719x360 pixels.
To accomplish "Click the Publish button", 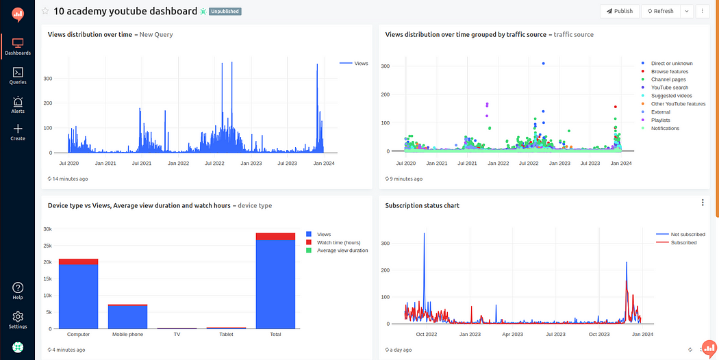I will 619,11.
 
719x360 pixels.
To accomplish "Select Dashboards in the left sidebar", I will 18,46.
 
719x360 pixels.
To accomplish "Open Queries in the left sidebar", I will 18,75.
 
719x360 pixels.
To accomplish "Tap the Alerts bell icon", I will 18,104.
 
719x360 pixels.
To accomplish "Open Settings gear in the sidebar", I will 18,320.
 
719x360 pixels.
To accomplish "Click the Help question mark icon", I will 18,290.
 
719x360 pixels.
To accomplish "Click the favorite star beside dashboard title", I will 45,12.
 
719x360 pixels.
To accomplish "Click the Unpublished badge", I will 225,12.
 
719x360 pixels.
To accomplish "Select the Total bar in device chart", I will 275,284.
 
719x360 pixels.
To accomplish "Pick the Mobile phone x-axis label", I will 127,335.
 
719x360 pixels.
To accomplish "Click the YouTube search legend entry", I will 669,88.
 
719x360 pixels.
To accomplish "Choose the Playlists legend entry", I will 660,120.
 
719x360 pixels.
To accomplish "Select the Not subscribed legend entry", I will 687,235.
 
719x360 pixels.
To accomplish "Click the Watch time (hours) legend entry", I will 338,242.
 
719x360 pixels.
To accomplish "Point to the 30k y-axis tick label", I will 48,229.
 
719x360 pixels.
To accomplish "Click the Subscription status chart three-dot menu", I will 703,203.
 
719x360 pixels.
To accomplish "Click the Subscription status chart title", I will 422,205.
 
